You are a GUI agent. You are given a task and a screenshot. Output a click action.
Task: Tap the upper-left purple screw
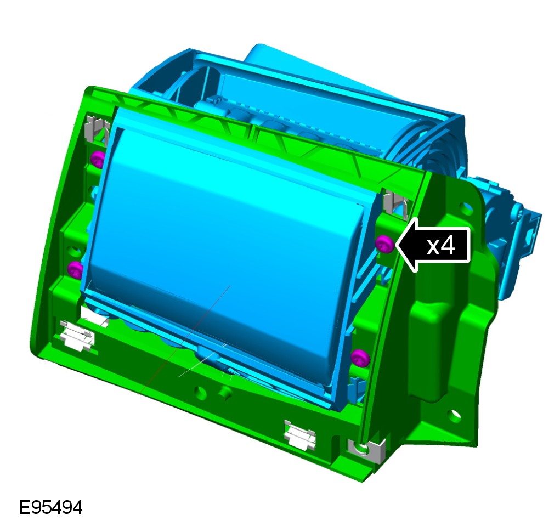coord(98,159)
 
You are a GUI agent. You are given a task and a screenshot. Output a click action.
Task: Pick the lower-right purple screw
coord(360,358)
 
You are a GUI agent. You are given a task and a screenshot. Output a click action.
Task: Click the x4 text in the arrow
coord(441,246)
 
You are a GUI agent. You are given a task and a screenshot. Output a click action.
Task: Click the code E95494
coord(50,507)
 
